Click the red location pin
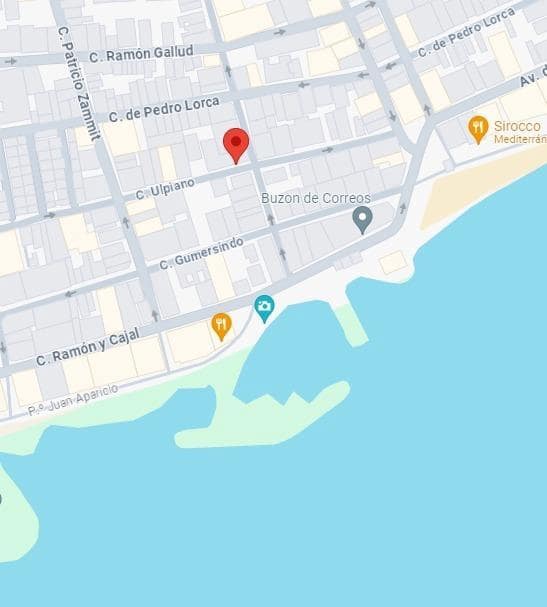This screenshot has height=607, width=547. [235, 144]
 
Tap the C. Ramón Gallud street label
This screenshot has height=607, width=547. [140, 53]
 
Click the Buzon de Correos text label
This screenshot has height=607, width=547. [316, 198]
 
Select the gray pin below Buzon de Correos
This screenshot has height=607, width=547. [362, 219]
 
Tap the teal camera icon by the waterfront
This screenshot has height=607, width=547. [264, 307]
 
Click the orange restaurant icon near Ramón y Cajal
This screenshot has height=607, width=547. [221, 324]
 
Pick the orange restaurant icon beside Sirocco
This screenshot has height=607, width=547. [478, 127]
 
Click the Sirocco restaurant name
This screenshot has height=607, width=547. [517, 125]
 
